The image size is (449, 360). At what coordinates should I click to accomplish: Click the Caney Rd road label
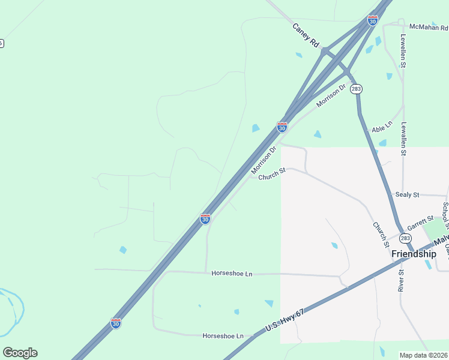coord(306,35)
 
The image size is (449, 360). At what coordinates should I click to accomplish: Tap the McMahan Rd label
coord(429,28)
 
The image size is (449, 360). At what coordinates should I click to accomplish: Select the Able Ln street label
coord(382,127)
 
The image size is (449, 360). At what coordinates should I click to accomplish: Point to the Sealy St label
coord(407,195)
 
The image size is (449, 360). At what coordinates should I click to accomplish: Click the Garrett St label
coord(420,223)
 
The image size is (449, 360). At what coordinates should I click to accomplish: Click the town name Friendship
coord(414,254)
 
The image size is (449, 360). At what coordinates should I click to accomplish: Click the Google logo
coord(20,352)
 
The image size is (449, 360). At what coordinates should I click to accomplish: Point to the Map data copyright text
coord(424,355)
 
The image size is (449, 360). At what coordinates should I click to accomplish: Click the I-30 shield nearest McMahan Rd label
coord(373,21)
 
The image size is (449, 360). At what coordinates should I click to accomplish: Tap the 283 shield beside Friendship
coord(406,238)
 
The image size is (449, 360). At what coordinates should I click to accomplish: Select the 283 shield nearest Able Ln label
coord(357,89)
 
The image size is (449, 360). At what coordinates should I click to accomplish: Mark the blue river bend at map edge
coord(13,312)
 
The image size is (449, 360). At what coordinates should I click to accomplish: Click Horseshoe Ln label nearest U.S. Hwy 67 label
coord(223,336)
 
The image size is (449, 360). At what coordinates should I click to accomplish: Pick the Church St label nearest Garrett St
coord(381,235)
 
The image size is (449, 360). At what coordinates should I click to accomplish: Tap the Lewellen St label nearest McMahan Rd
coord(404,50)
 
